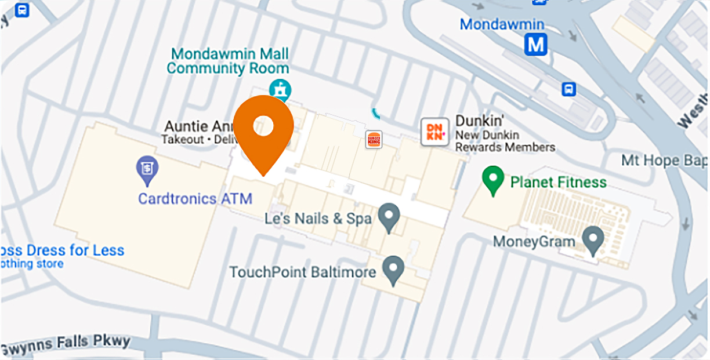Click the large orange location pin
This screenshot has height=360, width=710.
point(263,131)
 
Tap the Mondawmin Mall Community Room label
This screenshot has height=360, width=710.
point(227,61)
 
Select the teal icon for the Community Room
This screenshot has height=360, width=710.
point(282,89)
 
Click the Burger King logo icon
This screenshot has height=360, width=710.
point(374,139)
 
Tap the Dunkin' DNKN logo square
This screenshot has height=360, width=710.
point(434,132)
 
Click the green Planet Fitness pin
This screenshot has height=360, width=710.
point(493,179)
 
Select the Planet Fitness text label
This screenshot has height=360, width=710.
point(558,183)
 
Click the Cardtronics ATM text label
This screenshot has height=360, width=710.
point(195,199)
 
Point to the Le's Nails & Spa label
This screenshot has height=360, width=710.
point(317,219)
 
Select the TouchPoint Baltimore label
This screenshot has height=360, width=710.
point(302,271)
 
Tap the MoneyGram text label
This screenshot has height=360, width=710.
point(534,241)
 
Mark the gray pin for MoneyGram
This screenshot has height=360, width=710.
point(592,239)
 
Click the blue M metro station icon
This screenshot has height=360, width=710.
point(535,44)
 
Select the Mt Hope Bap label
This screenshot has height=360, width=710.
point(665,160)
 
